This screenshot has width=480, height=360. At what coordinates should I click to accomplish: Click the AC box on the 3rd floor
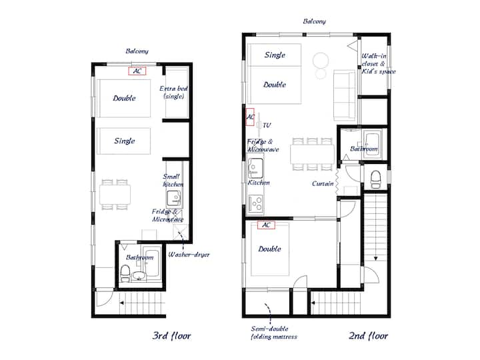coord(137,71)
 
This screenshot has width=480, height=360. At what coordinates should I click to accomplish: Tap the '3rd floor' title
coord(171,335)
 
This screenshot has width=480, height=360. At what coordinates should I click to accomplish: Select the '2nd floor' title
coord(368,335)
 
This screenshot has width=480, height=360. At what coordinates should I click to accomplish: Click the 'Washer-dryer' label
coord(189,255)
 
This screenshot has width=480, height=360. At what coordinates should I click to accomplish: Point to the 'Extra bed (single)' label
coord(173,92)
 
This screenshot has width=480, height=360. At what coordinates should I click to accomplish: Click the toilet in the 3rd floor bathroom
coord(125,273)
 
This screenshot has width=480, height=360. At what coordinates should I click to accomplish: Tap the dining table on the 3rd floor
coord(115,195)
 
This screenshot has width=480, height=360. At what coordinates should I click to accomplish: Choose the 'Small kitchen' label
coord(173,180)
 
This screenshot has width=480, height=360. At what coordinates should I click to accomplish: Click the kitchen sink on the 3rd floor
coord(174,199)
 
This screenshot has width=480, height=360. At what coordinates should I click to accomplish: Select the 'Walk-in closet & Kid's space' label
coord(379,64)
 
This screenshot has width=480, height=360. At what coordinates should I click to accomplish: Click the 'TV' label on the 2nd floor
coord(267,125)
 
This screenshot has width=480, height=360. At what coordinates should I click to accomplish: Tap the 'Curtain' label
coord(323,184)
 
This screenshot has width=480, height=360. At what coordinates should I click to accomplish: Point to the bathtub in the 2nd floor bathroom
coord(372,145)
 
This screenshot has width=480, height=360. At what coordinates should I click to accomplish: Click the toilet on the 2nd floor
coord(375,179)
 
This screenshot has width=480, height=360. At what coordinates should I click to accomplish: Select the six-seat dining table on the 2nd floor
coord(312,154)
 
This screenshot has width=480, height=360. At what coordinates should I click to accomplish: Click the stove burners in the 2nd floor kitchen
coord(256,203)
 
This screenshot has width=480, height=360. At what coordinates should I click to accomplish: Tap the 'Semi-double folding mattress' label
coord(274,333)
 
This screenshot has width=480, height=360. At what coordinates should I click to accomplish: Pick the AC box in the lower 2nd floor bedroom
coord(266,225)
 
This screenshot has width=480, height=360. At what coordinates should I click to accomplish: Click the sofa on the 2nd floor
coord(345,95)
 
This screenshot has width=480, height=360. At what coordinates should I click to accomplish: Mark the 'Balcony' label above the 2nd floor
coord(315,21)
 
